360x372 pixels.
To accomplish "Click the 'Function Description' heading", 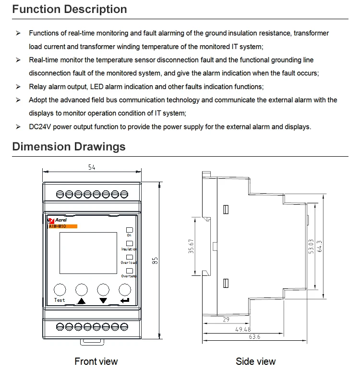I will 70,9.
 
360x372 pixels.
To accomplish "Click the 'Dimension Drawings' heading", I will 69,147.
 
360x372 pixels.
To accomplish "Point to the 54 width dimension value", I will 92,167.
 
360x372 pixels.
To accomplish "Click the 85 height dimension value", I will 156,260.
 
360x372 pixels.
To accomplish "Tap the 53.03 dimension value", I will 311,246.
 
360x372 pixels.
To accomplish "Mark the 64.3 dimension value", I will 319,246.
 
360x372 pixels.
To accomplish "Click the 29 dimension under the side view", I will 226,319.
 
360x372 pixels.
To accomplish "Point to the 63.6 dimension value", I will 255,337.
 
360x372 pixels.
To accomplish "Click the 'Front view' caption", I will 96,361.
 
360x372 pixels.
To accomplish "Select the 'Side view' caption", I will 256,361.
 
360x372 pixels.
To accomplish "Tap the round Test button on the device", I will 60,289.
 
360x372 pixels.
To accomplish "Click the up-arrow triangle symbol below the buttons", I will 81,301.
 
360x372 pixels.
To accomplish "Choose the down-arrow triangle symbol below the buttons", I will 103,301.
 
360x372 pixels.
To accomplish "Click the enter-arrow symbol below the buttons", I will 125,301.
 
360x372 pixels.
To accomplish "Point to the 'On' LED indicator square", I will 129,230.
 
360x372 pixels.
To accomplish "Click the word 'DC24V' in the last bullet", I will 40,127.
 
